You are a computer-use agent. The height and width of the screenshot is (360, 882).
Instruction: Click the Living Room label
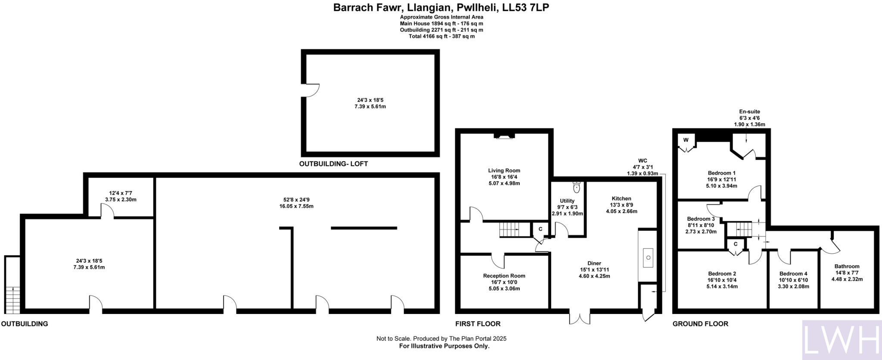tap(504, 171)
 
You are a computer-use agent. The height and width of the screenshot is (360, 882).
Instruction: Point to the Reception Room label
tap(504, 276)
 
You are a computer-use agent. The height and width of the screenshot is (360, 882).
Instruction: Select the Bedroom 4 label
tap(793, 274)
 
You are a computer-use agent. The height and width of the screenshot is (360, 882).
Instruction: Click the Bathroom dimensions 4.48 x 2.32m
tap(847, 279)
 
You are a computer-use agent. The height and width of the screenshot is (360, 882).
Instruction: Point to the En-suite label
tap(749, 112)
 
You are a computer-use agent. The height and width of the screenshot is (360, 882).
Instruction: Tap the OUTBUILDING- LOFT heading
tap(333, 164)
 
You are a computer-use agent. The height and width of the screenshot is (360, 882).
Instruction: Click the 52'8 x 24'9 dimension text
tap(296, 200)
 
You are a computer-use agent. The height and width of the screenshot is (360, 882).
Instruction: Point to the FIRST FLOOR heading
tap(478, 324)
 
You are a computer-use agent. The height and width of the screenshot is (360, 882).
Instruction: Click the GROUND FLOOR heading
tap(700, 324)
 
